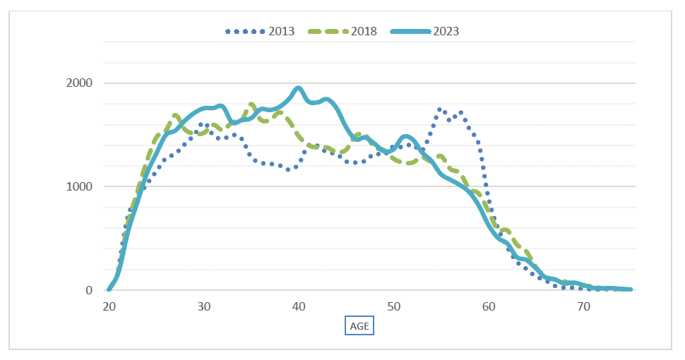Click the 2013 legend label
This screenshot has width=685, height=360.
point(281,31)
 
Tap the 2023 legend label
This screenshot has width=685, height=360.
point(446,31)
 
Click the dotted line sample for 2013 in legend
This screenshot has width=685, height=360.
point(245,31)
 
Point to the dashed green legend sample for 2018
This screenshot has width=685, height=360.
point(327,31)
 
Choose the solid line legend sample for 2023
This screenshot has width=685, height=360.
point(409,31)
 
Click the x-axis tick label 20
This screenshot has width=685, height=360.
point(109,307)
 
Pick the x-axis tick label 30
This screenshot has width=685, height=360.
point(204,307)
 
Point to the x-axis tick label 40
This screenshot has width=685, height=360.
point(299,307)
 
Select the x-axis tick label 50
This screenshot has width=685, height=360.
point(394,307)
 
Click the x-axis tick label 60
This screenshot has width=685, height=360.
point(489,307)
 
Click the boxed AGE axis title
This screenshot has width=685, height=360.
point(359,327)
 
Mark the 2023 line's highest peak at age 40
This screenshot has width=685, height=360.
point(298,88)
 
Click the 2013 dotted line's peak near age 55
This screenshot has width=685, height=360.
point(440,109)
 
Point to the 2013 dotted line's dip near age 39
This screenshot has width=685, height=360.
point(289,169)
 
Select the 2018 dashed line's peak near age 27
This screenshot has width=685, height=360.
point(176,115)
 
